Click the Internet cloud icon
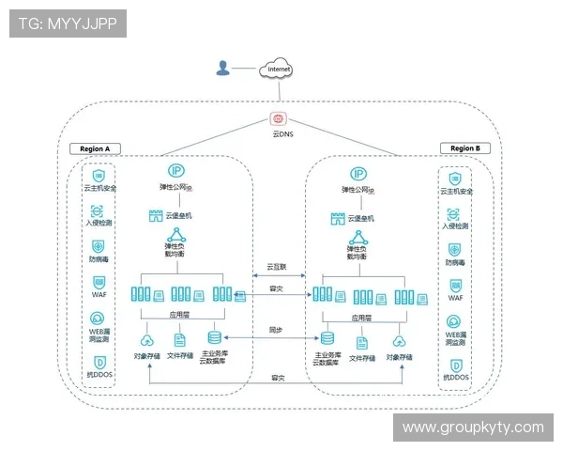click(279, 69)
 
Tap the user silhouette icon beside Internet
click(223, 68)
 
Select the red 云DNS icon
click(278, 119)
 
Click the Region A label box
click(95, 148)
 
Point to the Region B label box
click(464, 148)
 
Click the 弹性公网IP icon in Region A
click(175, 171)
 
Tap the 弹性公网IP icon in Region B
click(358, 174)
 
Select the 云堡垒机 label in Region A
click(177, 217)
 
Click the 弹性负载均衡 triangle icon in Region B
click(358, 240)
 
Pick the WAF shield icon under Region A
click(98, 282)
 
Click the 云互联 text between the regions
click(277, 267)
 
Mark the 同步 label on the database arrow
click(276, 330)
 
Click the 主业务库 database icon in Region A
click(215, 337)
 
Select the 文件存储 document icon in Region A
click(179, 339)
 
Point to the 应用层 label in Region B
click(360, 318)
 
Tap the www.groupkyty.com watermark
click(473, 428)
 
